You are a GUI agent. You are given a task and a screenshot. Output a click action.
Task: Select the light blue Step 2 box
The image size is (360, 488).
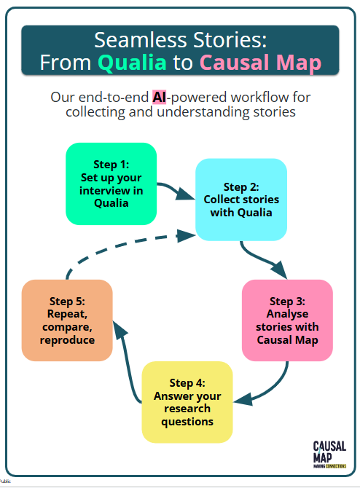click(x=240, y=200)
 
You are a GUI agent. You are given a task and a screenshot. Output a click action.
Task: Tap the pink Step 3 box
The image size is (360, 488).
click(x=286, y=320)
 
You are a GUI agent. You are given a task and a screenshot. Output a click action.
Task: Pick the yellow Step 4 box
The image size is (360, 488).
click(x=187, y=402)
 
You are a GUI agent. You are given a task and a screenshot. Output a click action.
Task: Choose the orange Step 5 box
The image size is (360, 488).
click(x=67, y=320)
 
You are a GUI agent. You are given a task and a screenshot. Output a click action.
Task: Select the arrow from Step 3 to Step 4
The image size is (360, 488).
click(x=270, y=388)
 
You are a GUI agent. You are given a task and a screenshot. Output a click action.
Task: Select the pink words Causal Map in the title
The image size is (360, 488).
click(x=259, y=63)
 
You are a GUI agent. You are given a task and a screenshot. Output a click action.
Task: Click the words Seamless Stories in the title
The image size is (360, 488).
click(x=180, y=39)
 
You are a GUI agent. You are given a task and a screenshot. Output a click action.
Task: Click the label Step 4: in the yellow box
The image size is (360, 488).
click(x=187, y=382)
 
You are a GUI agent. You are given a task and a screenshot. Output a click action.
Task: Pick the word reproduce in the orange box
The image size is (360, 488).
click(x=67, y=340)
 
